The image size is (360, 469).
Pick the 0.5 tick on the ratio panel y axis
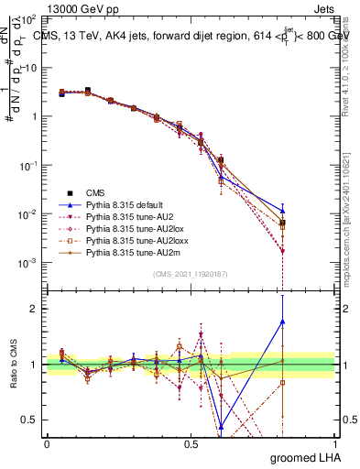click(29, 420)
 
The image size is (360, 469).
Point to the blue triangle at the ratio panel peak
click(282, 322)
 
